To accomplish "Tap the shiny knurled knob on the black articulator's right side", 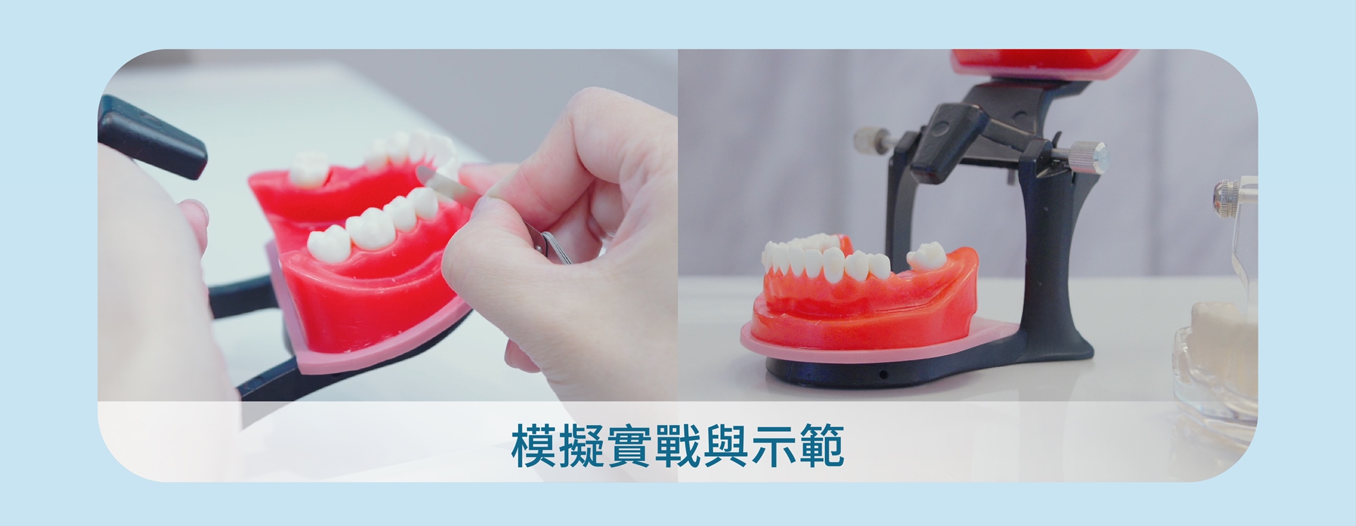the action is (1091, 154).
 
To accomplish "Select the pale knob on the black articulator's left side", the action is (864, 141).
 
